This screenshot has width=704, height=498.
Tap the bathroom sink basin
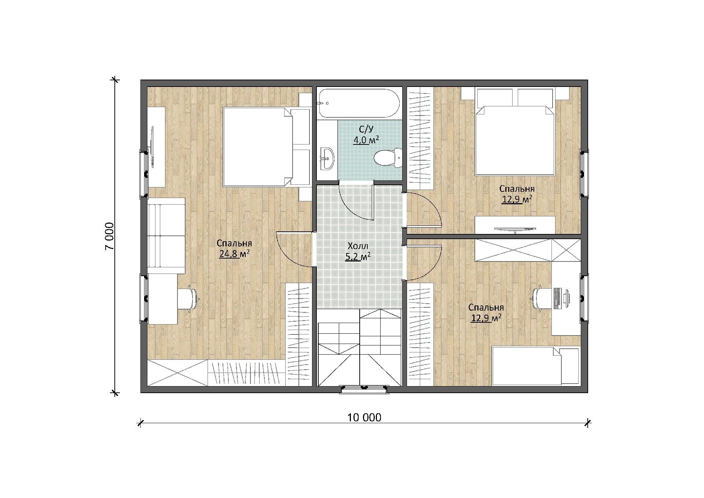(x=327, y=159)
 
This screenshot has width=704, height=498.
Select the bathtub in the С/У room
(x=359, y=103)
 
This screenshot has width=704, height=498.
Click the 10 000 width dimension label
(x=364, y=417)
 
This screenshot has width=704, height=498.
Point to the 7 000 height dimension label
(x=109, y=236)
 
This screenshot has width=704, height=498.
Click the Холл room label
(x=357, y=246)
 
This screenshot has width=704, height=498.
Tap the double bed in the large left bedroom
(x=267, y=147)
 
